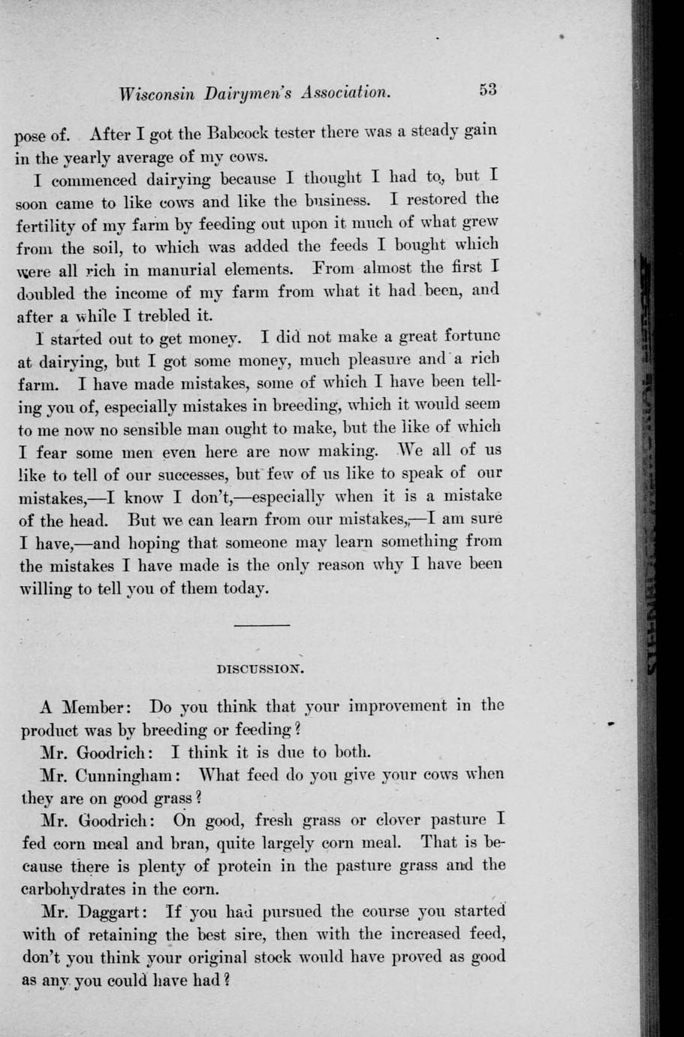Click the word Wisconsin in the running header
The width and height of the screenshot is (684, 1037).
coord(157,95)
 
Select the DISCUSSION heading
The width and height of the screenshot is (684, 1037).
coord(260,667)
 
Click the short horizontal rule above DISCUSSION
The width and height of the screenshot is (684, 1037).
coord(261,625)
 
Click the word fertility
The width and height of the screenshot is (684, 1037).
coord(50,223)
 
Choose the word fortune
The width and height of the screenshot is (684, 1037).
coord(472,335)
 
